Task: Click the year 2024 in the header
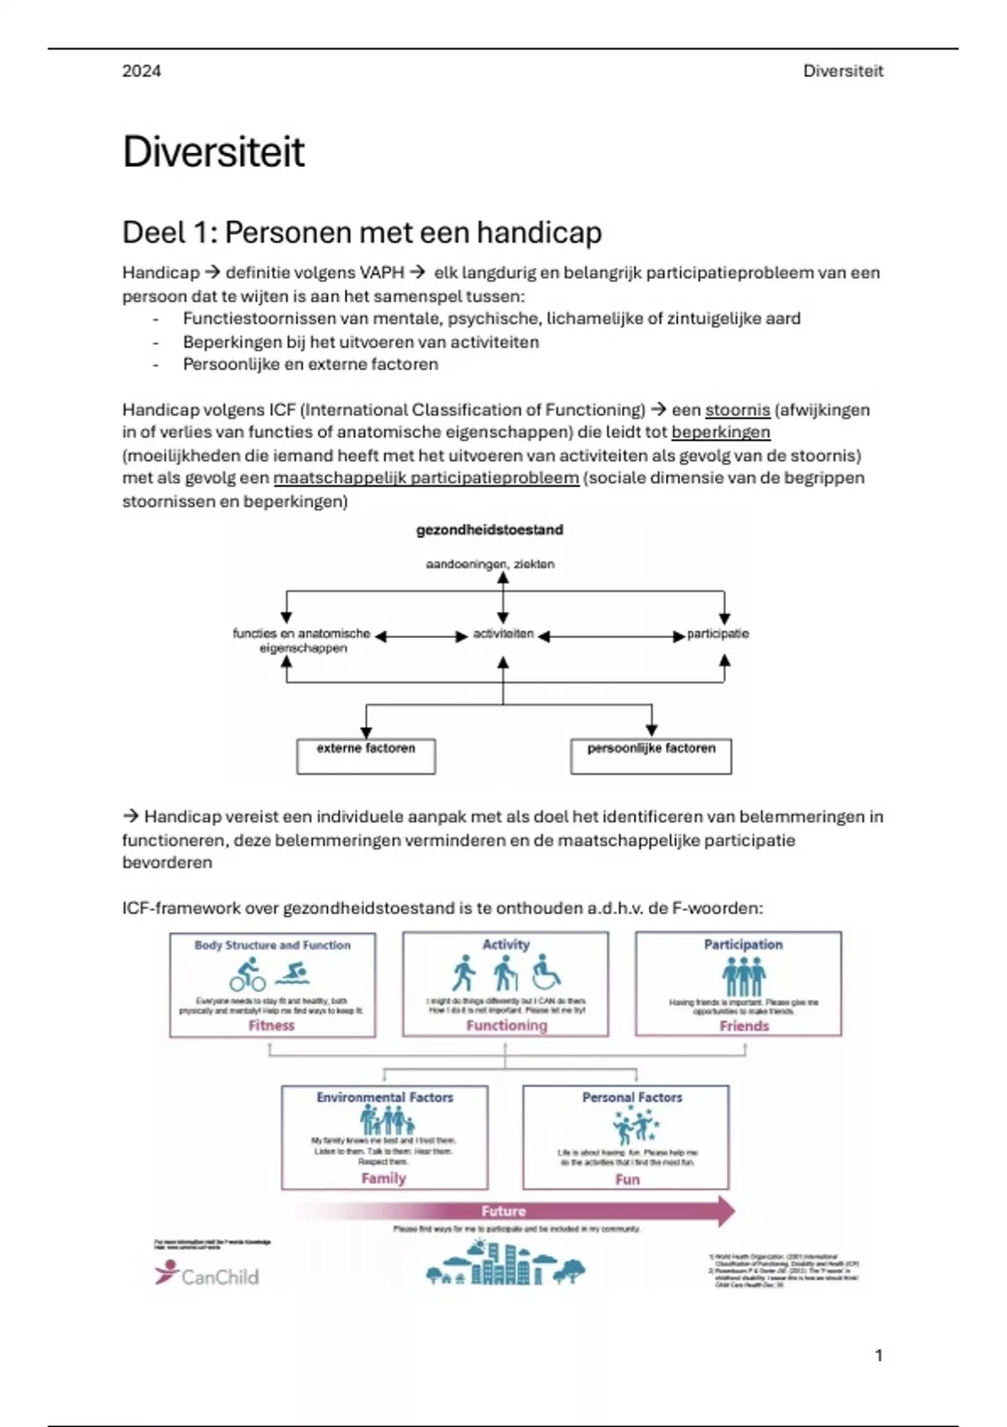point(141,71)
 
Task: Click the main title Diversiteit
point(213,152)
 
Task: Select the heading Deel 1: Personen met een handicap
point(362,233)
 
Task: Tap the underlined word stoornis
point(737,410)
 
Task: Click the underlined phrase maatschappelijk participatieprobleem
point(425,478)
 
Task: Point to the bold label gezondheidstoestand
point(489,530)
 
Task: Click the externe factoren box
point(366,755)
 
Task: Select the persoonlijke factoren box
point(650,755)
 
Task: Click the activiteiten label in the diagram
point(503,634)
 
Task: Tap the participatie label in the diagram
point(717,634)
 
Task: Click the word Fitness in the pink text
point(271,1025)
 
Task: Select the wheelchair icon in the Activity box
point(546,972)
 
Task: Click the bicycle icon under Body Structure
point(247,975)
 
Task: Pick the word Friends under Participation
point(744,1026)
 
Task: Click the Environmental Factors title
point(384,1097)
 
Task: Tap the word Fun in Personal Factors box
point(627,1179)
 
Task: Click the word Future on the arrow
point(503,1210)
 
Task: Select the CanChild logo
point(206,1274)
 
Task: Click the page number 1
point(879,1356)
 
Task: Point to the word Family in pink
point(383,1178)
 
